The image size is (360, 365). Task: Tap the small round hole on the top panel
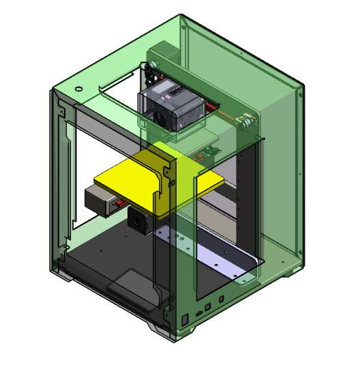[x=79, y=89]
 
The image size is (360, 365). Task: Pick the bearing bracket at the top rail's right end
[x=245, y=121]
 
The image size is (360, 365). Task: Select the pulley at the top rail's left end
[x=147, y=68]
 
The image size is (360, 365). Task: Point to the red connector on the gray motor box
[x=119, y=204]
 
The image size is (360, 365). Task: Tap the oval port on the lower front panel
[x=198, y=312]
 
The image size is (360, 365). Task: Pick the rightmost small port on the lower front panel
[x=222, y=298]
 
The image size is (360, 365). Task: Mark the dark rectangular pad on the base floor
[x=130, y=282]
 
